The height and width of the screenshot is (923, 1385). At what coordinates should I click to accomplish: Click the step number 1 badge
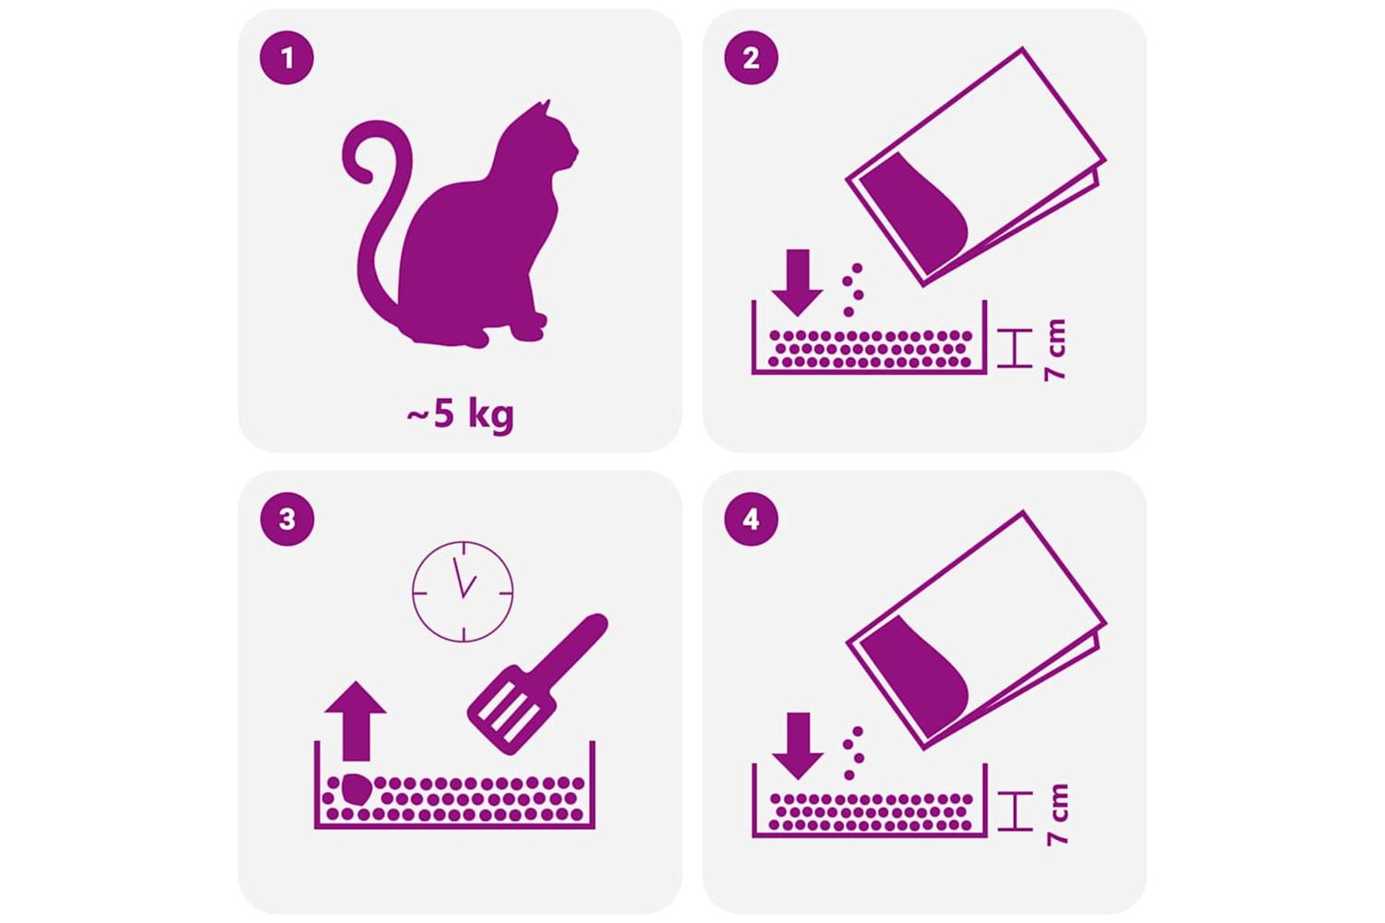click(287, 58)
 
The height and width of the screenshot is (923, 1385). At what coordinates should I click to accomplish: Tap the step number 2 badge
click(752, 58)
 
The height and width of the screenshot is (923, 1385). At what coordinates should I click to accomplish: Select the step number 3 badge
click(287, 520)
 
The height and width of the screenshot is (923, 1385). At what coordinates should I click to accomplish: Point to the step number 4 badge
click(752, 520)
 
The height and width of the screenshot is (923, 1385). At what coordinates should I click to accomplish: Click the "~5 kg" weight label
click(460, 414)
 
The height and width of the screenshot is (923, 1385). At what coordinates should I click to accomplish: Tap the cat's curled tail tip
click(365, 176)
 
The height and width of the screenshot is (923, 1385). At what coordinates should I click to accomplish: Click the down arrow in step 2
click(798, 282)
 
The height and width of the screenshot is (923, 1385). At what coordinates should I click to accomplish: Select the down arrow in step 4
click(798, 746)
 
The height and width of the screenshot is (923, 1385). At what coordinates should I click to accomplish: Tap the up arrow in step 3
click(355, 721)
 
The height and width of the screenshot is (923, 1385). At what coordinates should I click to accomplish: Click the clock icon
click(463, 593)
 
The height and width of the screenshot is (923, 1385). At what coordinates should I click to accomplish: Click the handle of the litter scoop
click(572, 646)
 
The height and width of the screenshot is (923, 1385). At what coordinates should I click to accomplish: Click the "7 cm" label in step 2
click(1054, 350)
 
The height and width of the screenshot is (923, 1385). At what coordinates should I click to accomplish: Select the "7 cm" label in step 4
click(1056, 814)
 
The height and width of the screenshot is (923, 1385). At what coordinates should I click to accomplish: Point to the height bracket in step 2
click(1015, 348)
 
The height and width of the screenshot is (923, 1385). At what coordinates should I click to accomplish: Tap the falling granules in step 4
click(853, 752)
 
